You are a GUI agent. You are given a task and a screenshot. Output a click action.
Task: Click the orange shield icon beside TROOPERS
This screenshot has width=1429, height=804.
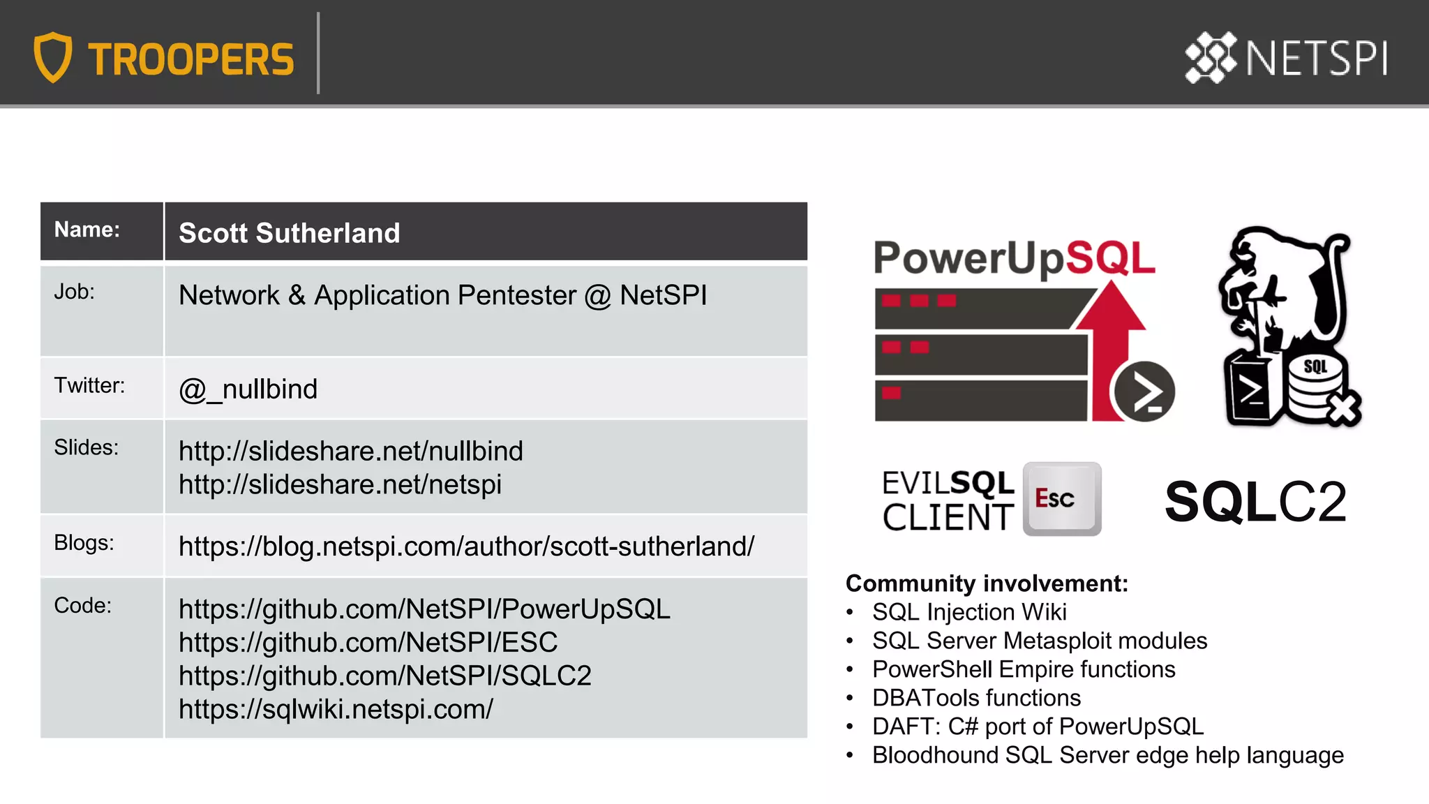53,57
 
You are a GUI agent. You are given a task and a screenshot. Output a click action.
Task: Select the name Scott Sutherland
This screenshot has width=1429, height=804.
289,233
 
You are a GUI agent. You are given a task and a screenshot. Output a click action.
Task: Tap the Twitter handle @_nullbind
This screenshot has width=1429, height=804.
248,389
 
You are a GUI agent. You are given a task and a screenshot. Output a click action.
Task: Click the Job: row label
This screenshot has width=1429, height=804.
74,292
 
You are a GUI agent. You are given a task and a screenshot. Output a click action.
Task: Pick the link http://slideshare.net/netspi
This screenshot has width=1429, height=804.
340,484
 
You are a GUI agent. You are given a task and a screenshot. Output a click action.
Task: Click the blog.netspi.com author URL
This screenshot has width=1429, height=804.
466,546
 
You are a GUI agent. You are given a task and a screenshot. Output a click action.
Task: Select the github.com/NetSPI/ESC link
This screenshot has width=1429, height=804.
368,642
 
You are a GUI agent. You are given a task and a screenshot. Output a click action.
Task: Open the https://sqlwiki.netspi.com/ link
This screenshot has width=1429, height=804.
336,709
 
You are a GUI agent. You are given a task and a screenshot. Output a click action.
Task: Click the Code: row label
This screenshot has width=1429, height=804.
82,605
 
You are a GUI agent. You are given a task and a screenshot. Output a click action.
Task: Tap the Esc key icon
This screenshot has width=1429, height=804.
1061,498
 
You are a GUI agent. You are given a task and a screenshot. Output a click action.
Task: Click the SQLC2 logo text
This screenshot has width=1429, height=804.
1255,502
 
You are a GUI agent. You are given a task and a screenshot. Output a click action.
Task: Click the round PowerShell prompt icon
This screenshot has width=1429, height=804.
1144,392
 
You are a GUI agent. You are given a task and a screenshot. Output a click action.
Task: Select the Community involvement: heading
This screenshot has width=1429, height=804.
987,583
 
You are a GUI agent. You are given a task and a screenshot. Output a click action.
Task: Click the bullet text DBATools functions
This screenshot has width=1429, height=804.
976,698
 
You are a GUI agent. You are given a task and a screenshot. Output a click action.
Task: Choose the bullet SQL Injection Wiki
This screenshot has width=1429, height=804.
969,612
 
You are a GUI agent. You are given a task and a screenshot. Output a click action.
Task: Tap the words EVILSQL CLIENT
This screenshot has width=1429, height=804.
948,500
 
